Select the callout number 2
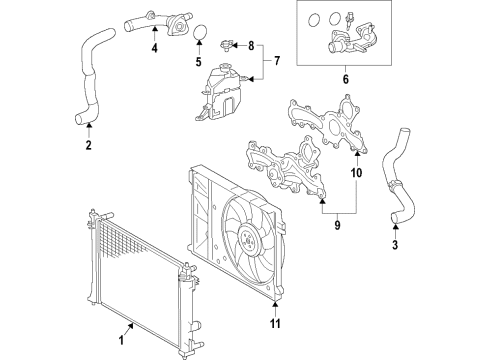point(88,146)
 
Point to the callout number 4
point(154,48)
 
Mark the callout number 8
point(251,46)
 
